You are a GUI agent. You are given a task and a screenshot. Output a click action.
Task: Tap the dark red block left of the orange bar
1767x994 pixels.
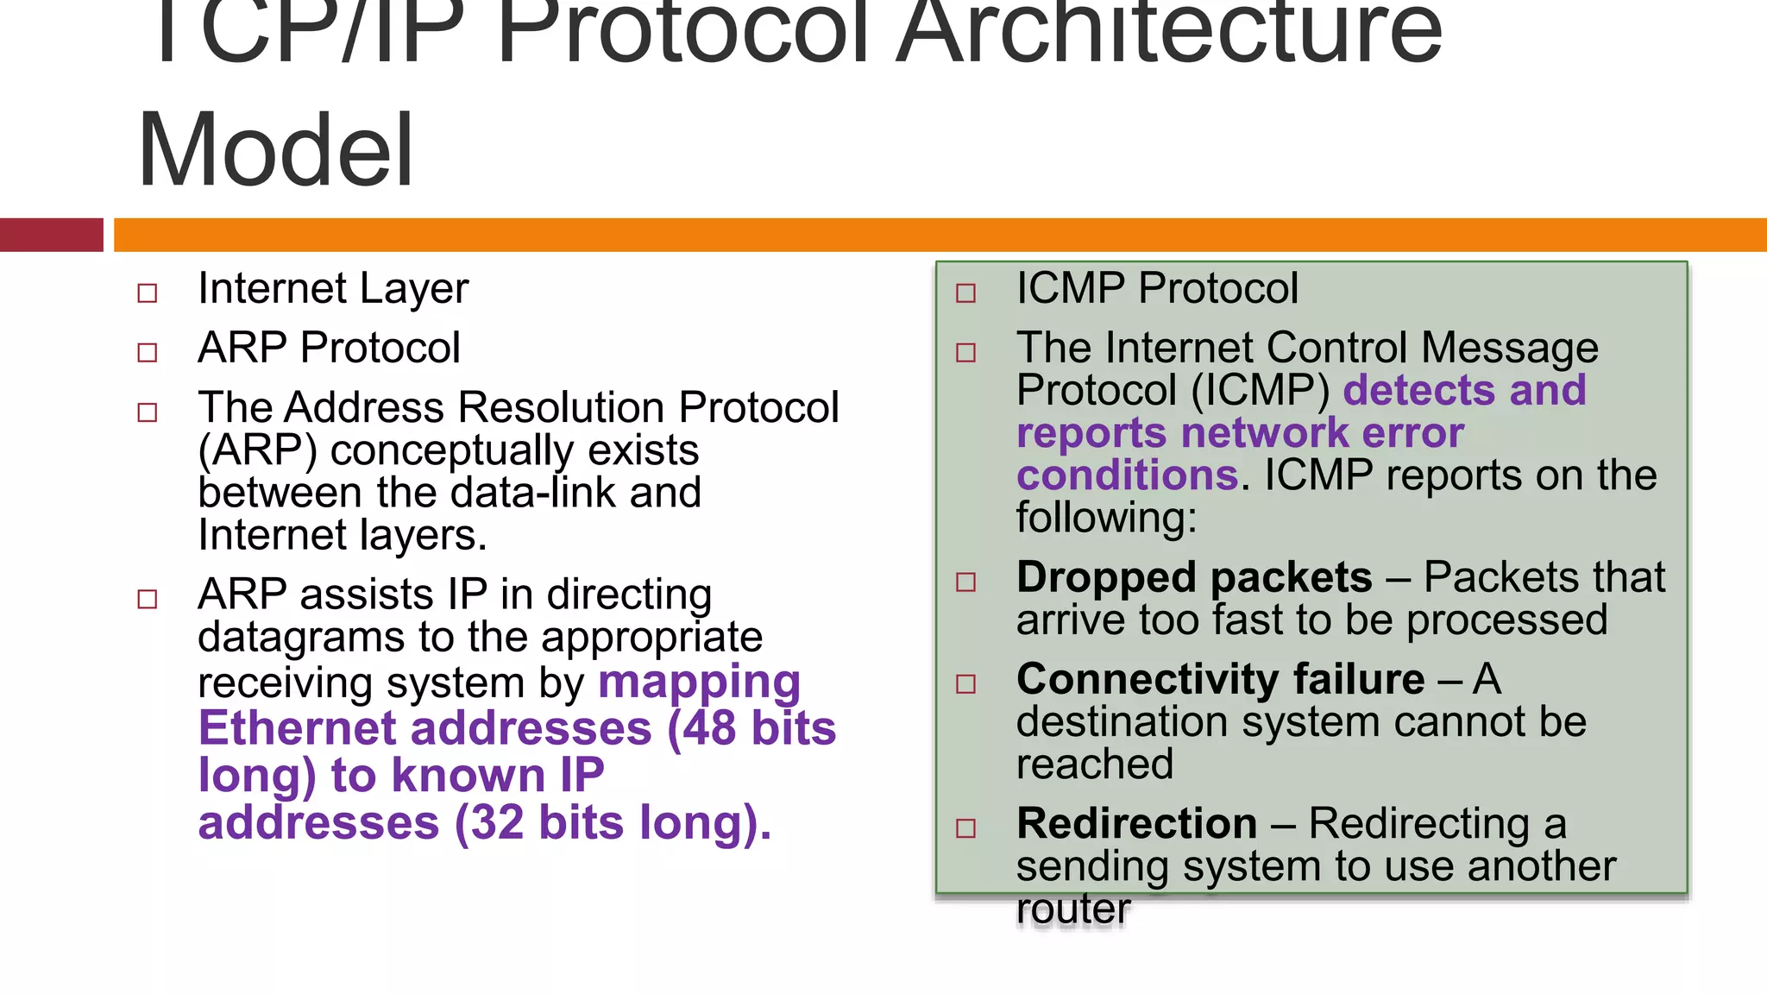[x=51, y=235]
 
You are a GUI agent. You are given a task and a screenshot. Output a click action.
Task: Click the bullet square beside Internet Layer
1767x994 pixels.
[x=148, y=293]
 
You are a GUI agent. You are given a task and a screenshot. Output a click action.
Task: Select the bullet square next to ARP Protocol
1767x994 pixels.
[x=148, y=353]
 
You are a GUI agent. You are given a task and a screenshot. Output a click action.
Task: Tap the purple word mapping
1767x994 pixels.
[x=699, y=683]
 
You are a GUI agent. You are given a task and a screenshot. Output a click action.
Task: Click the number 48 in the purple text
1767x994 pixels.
[x=709, y=728]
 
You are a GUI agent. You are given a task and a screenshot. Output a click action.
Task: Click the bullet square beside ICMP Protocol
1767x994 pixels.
[x=966, y=293]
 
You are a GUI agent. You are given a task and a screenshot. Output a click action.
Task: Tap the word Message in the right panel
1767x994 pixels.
[x=1509, y=349]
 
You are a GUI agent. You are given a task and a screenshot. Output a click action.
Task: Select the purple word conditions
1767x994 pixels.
[x=1127, y=475]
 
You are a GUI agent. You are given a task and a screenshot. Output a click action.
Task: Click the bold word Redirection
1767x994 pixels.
[x=1136, y=823]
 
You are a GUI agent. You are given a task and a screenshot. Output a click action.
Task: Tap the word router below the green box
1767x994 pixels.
[x=1072, y=909]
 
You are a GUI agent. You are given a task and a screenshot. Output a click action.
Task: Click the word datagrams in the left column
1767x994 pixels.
[x=301, y=638]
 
